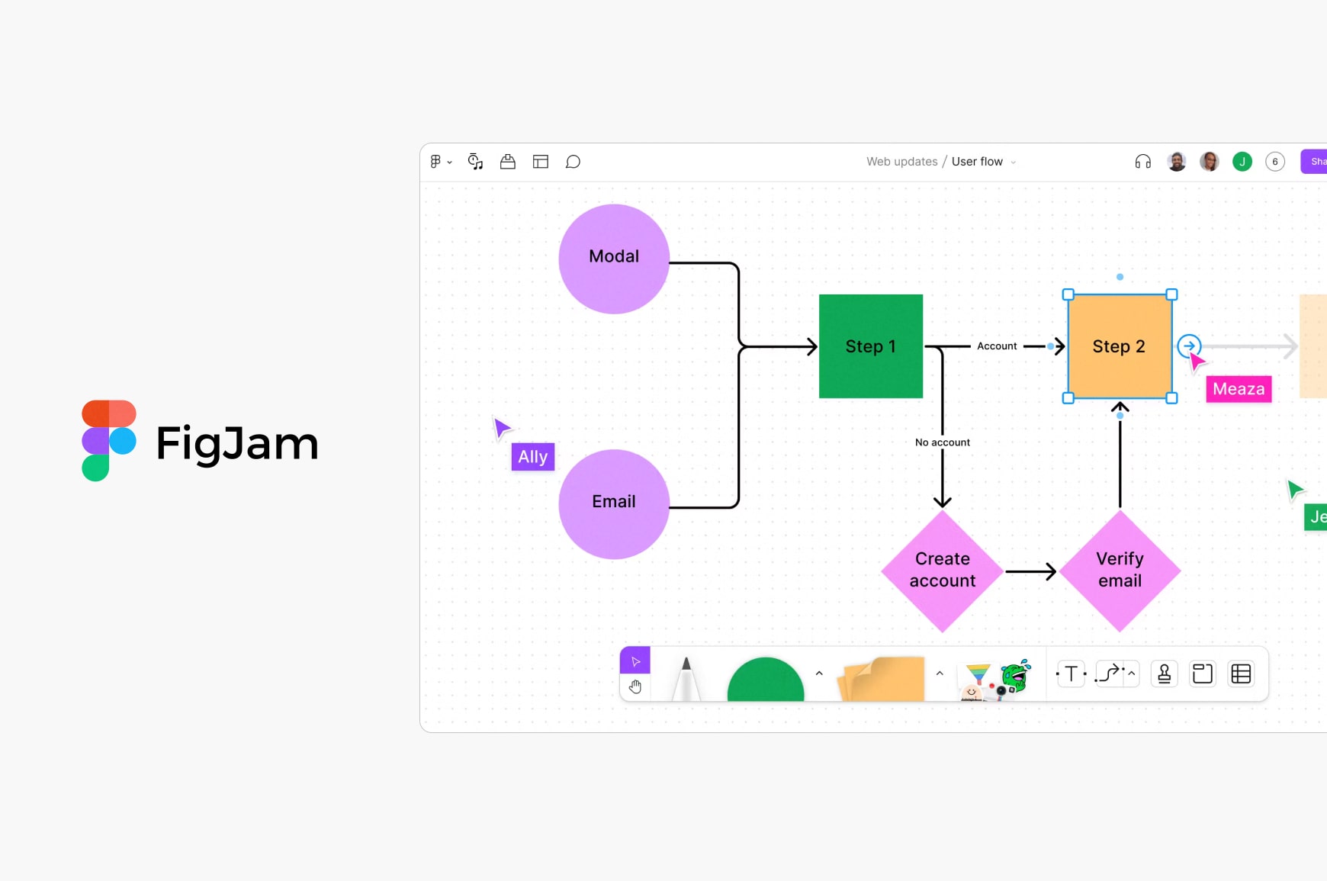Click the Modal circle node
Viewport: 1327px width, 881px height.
614,259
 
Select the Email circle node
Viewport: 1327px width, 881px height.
614,503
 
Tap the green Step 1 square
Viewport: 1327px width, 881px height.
870,346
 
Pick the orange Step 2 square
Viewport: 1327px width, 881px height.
1119,346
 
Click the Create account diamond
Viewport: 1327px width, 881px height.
943,571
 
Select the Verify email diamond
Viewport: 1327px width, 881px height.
1120,571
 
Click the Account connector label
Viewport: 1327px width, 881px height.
997,346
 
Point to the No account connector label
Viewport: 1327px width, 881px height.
943,442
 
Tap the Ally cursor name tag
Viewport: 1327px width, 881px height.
533,457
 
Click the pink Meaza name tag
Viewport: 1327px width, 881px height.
1239,389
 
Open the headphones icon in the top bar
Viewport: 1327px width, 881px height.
1142,162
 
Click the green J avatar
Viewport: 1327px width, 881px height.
1242,162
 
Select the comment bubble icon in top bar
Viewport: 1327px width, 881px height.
573,162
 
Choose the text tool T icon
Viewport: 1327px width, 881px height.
1072,674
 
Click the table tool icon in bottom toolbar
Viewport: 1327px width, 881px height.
1241,674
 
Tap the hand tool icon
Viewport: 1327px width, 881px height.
635,686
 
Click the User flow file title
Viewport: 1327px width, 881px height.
977,162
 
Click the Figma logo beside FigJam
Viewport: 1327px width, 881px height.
108,440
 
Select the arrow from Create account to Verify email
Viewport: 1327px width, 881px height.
1030,571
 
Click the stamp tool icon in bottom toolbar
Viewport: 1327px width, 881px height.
1164,674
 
